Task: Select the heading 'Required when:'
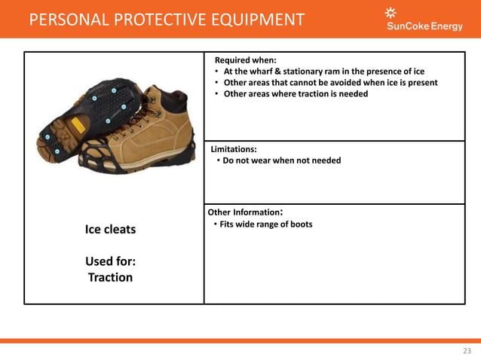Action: (x=245, y=59)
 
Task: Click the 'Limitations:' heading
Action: (x=234, y=149)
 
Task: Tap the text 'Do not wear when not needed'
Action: (x=281, y=160)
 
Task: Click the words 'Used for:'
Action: (x=110, y=261)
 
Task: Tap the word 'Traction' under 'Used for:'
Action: (x=110, y=277)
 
